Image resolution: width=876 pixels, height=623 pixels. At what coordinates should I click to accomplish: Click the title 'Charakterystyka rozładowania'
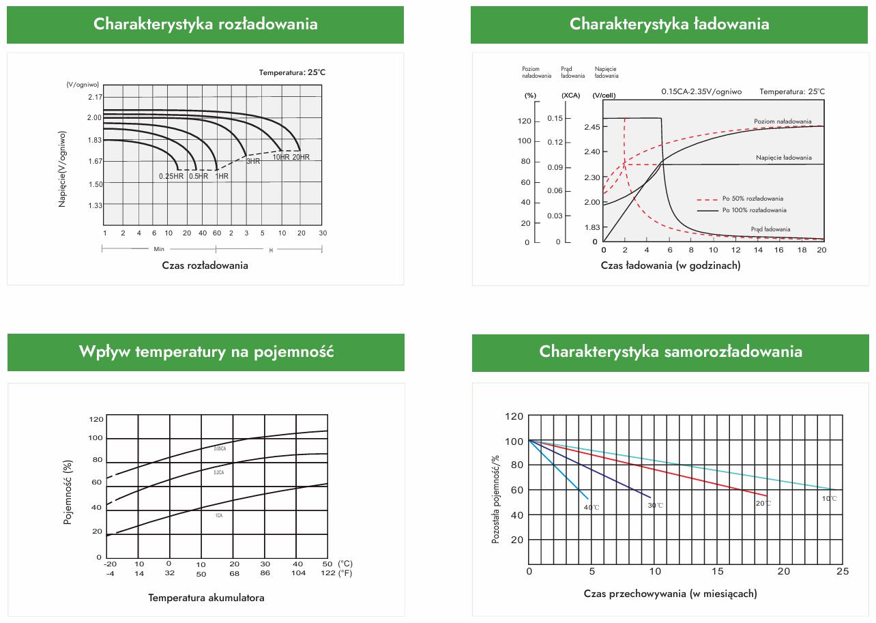(x=205, y=24)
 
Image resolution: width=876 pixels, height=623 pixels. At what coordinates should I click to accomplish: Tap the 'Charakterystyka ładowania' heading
(x=669, y=24)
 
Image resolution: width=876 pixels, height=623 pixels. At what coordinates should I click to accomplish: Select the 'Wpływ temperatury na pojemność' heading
(x=206, y=352)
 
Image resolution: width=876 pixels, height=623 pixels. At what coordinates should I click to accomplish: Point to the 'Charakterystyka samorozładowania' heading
(x=671, y=351)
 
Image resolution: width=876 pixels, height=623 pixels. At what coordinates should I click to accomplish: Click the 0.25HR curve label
(x=171, y=176)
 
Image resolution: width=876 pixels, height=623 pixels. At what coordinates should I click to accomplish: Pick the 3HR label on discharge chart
(x=253, y=162)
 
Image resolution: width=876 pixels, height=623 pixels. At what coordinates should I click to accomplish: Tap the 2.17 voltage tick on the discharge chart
(x=94, y=97)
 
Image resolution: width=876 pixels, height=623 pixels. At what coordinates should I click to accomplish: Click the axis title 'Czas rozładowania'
(x=205, y=265)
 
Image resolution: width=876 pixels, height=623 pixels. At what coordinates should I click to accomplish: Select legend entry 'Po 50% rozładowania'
(x=753, y=199)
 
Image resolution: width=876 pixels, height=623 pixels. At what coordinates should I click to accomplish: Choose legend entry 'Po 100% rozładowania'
(x=754, y=210)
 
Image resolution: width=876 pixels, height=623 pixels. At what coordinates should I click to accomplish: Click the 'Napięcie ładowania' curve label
(x=783, y=158)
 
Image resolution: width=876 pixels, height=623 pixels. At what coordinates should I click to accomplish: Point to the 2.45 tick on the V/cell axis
(x=592, y=127)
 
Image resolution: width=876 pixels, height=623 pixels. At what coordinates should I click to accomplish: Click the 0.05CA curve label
(x=220, y=448)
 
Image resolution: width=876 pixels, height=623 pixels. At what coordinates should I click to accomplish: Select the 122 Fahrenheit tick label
(x=327, y=573)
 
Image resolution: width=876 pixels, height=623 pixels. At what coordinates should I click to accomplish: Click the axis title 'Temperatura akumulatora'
(x=206, y=598)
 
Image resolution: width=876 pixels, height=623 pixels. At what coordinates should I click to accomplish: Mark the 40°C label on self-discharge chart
(x=592, y=507)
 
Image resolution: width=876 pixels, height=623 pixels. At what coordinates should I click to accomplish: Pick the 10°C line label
(x=829, y=499)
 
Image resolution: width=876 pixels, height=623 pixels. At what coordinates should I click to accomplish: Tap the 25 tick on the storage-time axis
(x=843, y=570)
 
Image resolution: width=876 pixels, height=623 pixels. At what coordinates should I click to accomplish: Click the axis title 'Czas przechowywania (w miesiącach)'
(x=670, y=594)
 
